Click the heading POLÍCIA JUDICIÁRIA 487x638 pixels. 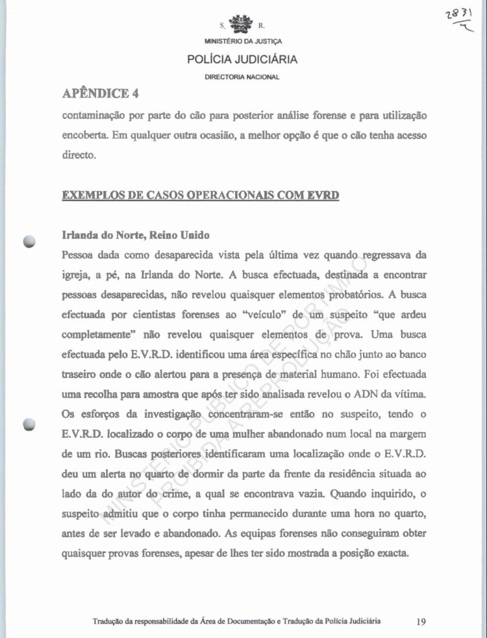[242, 60]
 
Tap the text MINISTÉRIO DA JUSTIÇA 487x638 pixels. [242, 43]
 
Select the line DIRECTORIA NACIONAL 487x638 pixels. [242, 77]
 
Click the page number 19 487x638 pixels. [421, 622]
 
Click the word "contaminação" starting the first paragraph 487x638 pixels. [96, 115]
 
